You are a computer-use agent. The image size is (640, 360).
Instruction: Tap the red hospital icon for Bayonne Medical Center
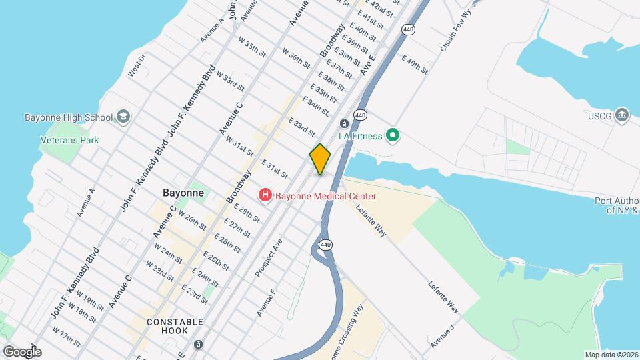(x=265, y=195)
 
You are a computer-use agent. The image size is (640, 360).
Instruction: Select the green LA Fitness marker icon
(x=393, y=136)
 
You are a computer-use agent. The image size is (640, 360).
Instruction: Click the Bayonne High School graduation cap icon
(x=123, y=117)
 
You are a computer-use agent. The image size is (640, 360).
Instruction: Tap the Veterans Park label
(x=69, y=140)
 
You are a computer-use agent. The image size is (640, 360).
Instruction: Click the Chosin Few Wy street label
(x=455, y=35)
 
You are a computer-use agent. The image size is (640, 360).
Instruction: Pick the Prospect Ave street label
(x=269, y=257)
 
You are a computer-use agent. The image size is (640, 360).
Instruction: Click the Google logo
(x=22, y=351)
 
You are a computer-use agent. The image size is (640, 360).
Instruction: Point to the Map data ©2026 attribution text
(x=611, y=355)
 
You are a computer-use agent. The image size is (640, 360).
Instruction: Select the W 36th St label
(x=295, y=57)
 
